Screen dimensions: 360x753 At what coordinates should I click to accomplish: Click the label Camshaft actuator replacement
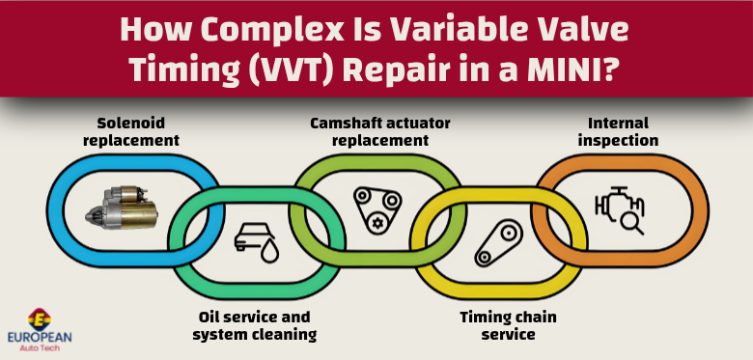[x=379, y=131]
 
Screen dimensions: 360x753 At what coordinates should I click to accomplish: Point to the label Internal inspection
[x=619, y=131]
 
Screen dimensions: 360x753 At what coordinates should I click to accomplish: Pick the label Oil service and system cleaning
[x=254, y=325]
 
